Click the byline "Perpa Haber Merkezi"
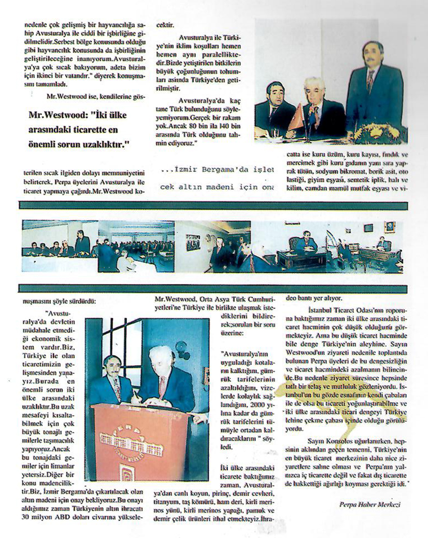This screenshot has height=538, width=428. tap(371, 503)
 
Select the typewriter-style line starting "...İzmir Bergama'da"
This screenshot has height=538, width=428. tap(217, 171)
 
